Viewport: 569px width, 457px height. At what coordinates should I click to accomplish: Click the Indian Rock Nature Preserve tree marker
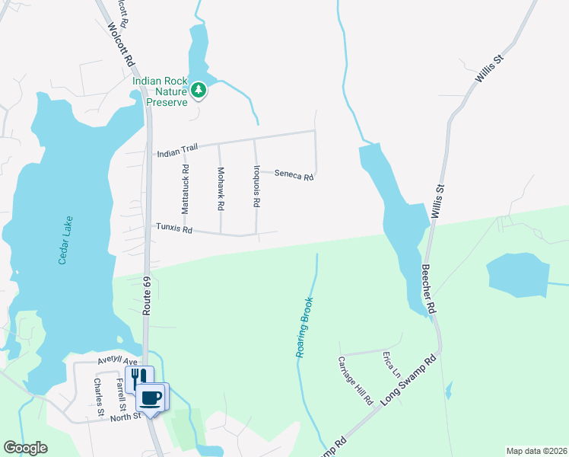199,91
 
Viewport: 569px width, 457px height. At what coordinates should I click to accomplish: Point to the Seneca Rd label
294,176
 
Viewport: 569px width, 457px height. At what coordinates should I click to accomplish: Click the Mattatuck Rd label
185,187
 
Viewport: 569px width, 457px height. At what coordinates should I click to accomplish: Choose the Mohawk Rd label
221,189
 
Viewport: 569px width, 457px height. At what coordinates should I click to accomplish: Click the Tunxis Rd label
174,228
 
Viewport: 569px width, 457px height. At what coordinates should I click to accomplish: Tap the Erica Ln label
393,365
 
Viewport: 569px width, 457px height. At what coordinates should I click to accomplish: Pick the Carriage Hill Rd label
355,379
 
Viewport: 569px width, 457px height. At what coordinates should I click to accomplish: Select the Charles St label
99,396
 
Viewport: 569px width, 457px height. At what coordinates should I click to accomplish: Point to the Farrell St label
120,395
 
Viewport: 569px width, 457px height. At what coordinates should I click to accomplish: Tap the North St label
126,417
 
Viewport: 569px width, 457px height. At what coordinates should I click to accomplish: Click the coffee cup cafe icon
150,397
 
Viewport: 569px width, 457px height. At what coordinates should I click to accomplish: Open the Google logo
25,448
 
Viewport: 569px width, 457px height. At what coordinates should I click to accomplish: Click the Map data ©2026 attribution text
536,451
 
